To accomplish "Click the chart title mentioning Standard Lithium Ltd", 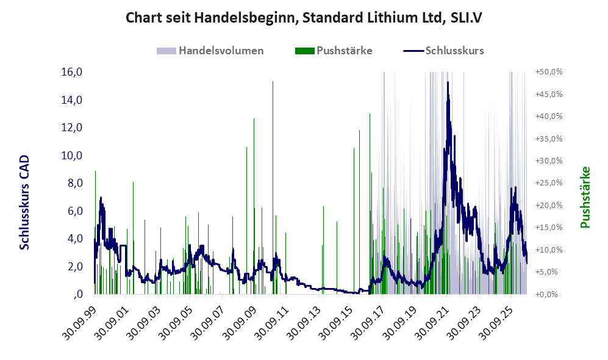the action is point(304,18).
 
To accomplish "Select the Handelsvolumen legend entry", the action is point(210,51).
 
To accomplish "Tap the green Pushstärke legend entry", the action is point(334,51).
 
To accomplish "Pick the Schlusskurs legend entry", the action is point(443,51).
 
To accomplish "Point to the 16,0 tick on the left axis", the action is point(72,72).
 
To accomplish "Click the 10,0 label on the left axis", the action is point(72,156).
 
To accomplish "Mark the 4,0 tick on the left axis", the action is point(75,239).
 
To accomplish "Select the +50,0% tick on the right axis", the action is point(549,72).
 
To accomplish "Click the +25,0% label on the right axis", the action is point(549,183).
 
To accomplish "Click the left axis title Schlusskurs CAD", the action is point(24,203).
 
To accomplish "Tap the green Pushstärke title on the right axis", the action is point(585,198).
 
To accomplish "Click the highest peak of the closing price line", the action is point(448,82).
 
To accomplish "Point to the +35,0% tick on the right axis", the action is point(549,139).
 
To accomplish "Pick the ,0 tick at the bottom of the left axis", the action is point(78,294).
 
